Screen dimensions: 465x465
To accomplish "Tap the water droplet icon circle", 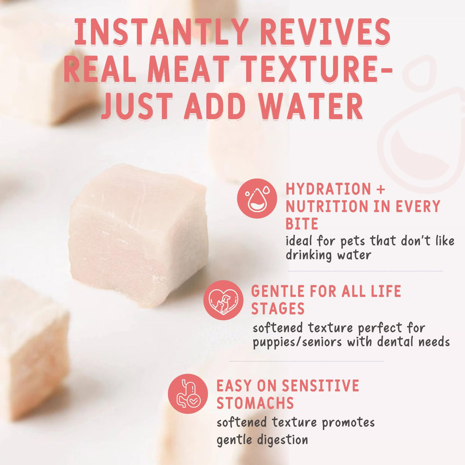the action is [x=257, y=198].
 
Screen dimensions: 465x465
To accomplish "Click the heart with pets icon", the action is [x=223, y=300].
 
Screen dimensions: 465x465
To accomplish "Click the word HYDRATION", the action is [x=328, y=189].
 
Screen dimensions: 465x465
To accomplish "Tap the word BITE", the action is [x=301, y=224].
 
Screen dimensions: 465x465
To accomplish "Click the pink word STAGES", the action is [x=278, y=308].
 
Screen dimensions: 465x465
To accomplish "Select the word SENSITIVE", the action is [x=320, y=385].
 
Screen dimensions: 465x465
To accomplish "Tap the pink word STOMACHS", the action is [x=255, y=403].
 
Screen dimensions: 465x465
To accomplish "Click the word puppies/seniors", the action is [x=297, y=342].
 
